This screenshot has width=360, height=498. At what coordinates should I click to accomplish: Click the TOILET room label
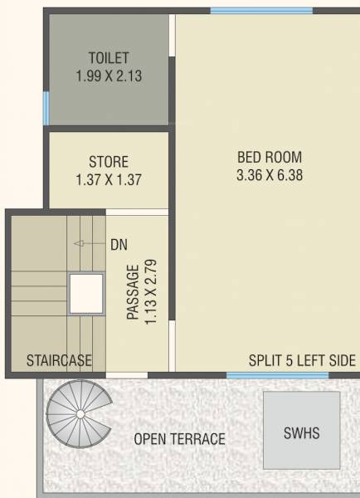[109, 57]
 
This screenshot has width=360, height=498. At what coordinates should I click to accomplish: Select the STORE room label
[109, 162]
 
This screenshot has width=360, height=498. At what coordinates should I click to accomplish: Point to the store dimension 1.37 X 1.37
[109, 178]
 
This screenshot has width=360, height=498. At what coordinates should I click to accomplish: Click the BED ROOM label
[270, 156]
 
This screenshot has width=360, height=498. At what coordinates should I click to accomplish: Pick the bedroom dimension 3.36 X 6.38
[270, 174]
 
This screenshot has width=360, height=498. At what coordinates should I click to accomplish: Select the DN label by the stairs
[119, 245]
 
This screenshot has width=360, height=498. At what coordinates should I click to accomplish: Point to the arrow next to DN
[84, 244]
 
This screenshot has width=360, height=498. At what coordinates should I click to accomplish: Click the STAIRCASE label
[59, 360]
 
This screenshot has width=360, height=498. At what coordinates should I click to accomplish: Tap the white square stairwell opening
[85, 292]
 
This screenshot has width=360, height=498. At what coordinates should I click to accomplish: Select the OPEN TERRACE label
[179, 439]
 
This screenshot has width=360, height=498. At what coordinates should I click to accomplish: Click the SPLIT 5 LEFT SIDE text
[302, 360]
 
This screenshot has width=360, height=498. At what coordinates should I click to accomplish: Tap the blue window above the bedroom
[261, 11]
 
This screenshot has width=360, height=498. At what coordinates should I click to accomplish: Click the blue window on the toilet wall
[46, 107]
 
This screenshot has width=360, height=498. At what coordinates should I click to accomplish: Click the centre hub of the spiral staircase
[79, 413]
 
